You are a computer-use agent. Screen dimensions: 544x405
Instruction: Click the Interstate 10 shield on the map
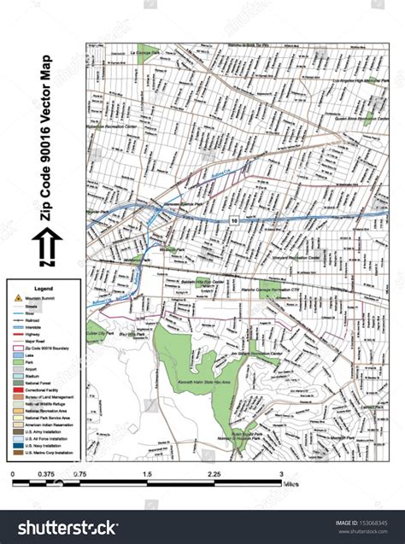[233, 220]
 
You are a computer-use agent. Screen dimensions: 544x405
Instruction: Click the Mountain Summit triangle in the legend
[17, 298]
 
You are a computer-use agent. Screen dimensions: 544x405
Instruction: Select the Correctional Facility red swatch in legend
[17, 389]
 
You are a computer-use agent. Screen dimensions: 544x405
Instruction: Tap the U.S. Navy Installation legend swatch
[17, 444]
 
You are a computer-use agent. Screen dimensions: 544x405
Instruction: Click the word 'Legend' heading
[43, 289]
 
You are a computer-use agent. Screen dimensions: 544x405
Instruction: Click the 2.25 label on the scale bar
[214, 474]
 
